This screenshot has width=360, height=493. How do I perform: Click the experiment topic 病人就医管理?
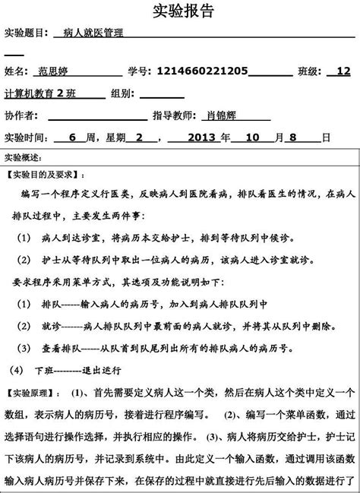93,34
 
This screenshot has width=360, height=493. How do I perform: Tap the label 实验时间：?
26,138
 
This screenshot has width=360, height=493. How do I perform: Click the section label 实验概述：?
24,157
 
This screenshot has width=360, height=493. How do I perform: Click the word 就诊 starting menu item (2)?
51,327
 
